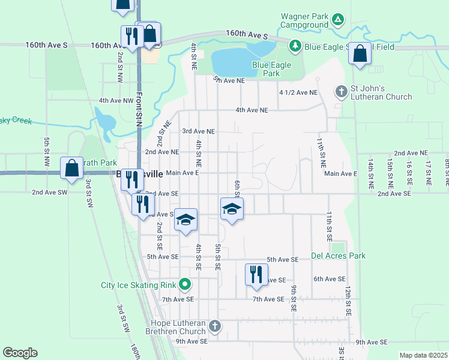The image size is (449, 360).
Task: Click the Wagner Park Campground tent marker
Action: point(339,20)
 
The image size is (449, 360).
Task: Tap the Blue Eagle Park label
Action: point(271,69)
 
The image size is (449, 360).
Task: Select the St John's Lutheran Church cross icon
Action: point(341,92)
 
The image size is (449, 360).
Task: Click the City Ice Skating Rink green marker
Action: point(185,284)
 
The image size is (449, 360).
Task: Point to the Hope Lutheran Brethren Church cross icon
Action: point(215,326)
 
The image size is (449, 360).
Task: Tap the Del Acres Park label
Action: point(339,256)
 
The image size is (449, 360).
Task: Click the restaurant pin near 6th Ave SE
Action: point(256,274)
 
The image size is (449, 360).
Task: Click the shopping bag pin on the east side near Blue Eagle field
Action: point(360,53)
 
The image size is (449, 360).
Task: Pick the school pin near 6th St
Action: point(232,208)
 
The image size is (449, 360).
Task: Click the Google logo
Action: point(20,353)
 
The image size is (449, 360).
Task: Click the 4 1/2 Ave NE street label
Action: point(298,92)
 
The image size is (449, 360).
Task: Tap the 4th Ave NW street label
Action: point(116,100)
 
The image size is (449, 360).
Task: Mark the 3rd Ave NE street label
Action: point(198,131)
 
